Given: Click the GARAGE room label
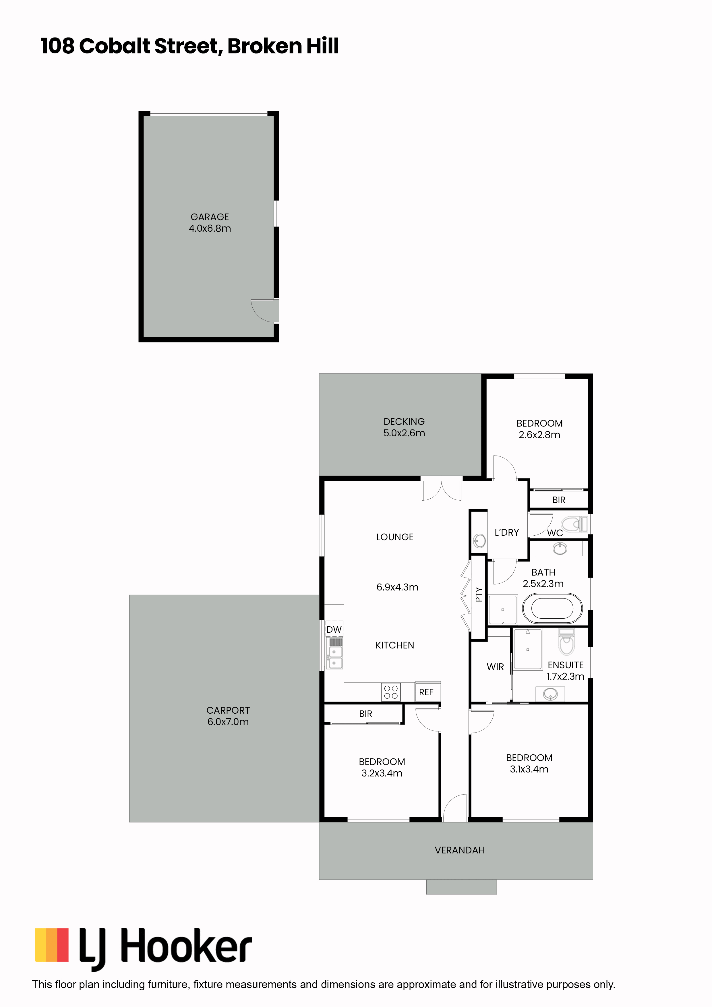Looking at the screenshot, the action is [x=210, y=217].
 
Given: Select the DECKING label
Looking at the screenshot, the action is [x=404, y=421].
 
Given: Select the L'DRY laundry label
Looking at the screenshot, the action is [x=507, y=532].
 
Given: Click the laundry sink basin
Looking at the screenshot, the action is [x=479, y=541].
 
